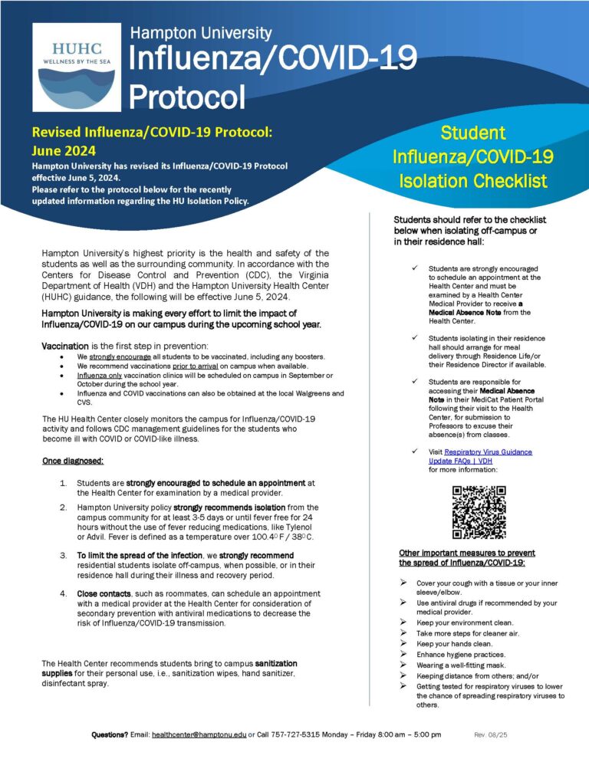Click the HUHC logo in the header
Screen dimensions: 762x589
[77, 68]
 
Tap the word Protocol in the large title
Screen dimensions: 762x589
[187, 97]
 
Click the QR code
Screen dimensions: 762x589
[479, 511]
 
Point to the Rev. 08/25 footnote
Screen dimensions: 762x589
[491, 734]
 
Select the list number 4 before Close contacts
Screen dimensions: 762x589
[63, 594]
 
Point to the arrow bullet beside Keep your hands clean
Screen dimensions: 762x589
[403, 644]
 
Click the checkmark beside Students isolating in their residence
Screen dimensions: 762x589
[414, 338]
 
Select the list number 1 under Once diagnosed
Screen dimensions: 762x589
[63, 483]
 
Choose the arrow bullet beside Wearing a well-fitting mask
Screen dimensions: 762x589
[403, 665]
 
